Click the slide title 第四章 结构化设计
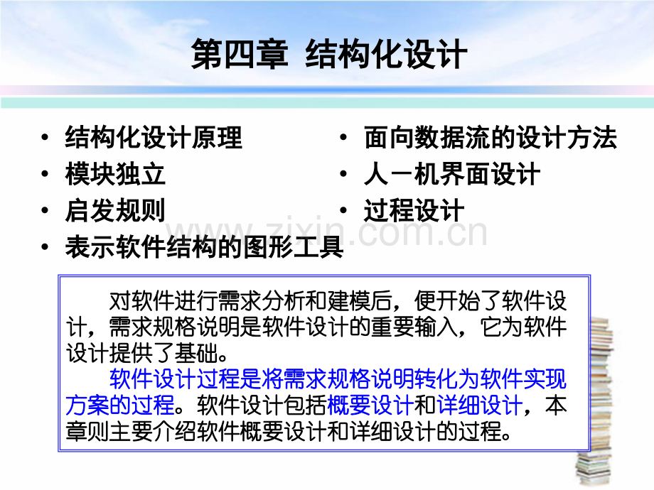pos(329,54)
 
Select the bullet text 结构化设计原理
pos(154,137)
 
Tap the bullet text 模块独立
pos(115,174)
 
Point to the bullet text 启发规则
pos(115,210)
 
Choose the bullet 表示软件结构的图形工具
pos(205,247)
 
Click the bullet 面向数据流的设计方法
pos(490,137)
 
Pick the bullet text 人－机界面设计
pos(452,174)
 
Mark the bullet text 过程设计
pos(414,210)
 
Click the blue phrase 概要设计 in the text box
pos(370,405)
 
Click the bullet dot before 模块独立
pos(46,175)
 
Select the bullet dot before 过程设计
pos(345,211)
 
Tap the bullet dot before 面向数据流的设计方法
pos(345,138)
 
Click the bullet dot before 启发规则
pos(46,211)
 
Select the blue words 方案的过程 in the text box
pos(120,405)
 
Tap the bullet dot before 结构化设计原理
pos(46,138)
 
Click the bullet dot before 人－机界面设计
pos(345,175)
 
